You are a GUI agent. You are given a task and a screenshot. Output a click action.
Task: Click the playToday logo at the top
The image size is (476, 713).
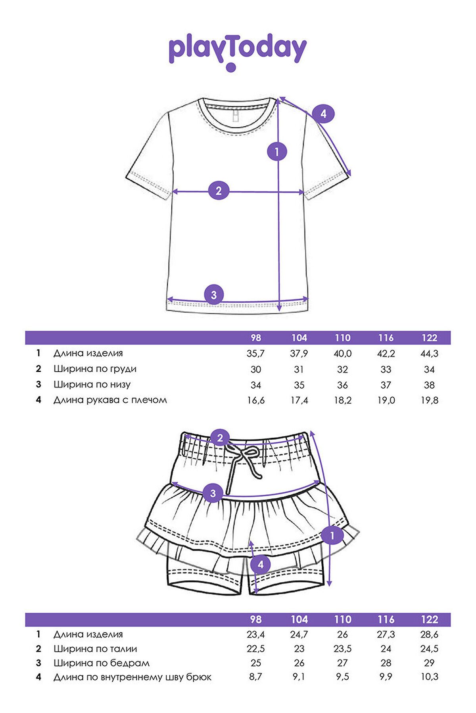coord(238,51)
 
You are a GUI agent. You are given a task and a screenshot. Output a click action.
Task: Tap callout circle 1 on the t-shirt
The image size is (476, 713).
coord(277,151)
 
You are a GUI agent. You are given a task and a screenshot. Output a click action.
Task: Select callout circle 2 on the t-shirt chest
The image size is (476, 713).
coord(219,191)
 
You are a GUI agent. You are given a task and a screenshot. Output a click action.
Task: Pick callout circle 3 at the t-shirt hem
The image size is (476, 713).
coord(214,295)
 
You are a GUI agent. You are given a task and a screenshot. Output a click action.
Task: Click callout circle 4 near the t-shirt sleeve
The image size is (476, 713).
coord(323,114)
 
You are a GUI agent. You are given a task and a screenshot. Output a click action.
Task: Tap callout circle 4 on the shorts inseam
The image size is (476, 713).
coord(261,564)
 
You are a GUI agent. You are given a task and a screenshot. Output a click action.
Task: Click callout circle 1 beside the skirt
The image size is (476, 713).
coord(332,536)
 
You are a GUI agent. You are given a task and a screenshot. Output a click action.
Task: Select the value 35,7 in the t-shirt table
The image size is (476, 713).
coord(255,353)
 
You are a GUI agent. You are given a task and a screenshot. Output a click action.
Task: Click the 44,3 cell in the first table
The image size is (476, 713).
coord(429,353)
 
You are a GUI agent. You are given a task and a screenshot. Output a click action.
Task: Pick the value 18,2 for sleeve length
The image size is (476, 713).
coord(342,400)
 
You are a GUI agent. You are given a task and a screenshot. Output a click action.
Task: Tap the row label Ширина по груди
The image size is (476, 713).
coord(95,369)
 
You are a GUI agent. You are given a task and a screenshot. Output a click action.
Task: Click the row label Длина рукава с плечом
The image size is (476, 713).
coord(110,400)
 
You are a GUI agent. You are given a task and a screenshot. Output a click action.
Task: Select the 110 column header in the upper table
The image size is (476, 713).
coord(342,338)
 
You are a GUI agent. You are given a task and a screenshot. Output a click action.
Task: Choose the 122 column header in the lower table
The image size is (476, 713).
coord(430,620)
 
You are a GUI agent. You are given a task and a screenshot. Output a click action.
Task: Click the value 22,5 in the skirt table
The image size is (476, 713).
coord(255,649)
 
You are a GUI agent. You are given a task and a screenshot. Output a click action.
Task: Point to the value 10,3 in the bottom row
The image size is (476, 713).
coord(430,677)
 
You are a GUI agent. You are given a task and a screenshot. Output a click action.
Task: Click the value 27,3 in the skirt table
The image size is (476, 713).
coord(386,635)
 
